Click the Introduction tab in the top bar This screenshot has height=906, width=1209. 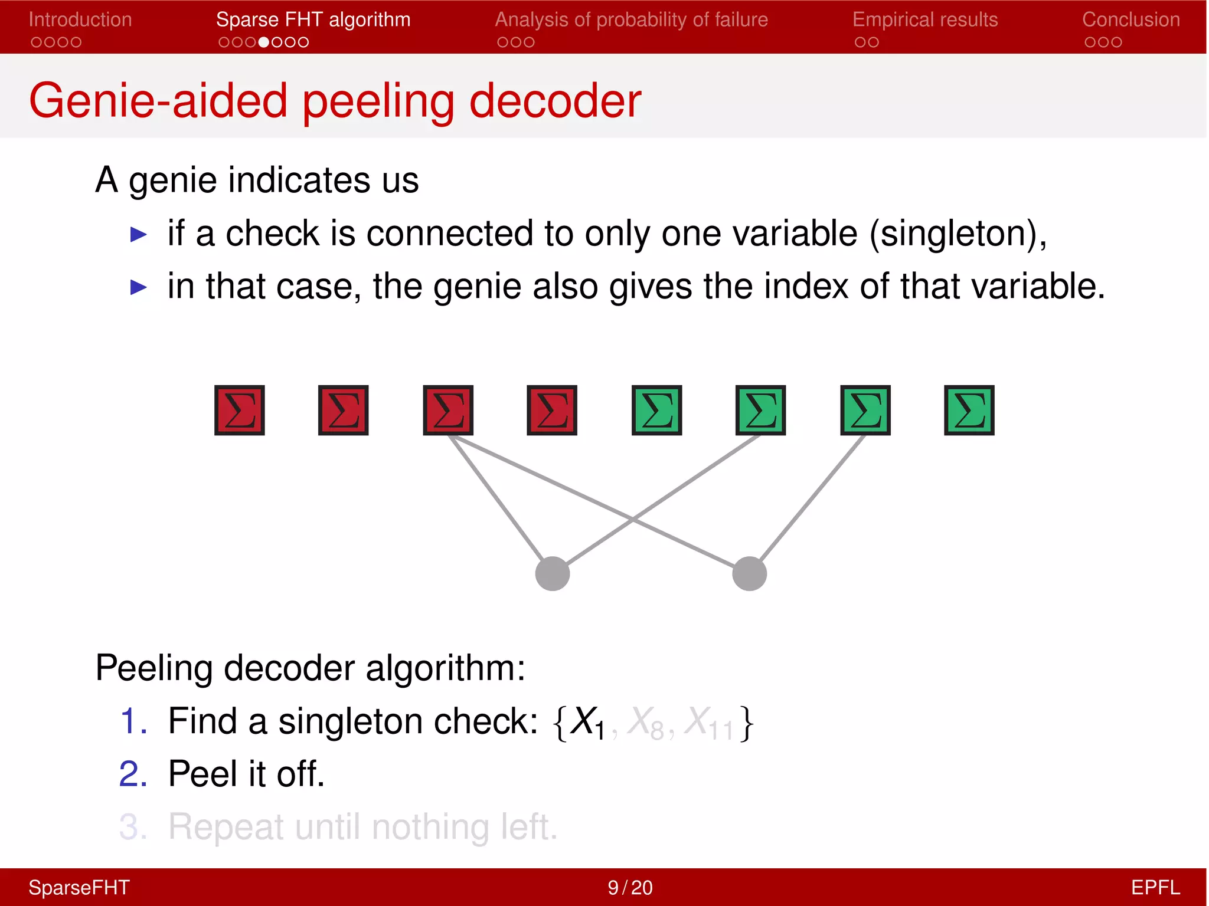[x=80, y=19]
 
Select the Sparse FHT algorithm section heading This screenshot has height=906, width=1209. [x=313, y=19]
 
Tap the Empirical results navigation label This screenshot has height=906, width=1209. [x=924, y=19]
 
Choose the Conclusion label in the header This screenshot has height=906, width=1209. [x=1130, y=19]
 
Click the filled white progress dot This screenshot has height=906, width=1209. [x=264, y=42]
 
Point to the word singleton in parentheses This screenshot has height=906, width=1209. [x=952, y=234]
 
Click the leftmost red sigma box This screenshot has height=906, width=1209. [x=239, y=411]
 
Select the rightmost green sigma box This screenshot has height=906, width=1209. [x=969, y=411]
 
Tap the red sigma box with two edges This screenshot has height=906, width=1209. [x=448, y=411]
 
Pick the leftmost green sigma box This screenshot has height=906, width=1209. [x=656, y=411]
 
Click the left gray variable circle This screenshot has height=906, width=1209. [x=552, y=573]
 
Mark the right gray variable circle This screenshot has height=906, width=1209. [x=749, y=573]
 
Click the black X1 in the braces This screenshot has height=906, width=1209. [x=588, y=722]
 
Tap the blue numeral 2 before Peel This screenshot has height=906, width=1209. [x=133, y=774]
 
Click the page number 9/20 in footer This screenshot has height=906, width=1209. [x=630, y=888]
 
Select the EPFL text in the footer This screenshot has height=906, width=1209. [x=1155, y=888]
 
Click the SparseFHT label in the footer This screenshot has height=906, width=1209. [x=79, y=888]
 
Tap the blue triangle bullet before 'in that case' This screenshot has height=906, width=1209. [x=138, y=287]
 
